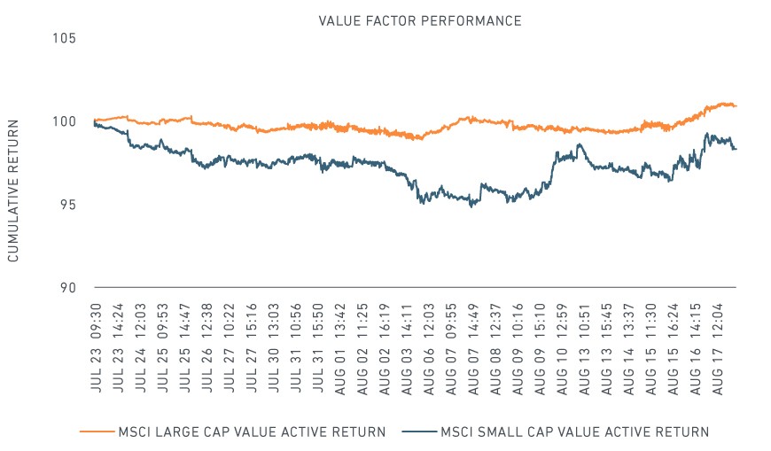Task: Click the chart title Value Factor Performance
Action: click(420, 20)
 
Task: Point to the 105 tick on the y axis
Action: click(65, 38)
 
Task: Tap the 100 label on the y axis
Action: click(65, 121)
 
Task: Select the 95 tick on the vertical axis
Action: click(68, 204)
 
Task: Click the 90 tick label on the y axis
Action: click(68, 288)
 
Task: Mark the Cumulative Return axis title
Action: click(12, 191)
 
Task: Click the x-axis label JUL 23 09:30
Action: click(96, 348)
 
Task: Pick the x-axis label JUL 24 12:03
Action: click(141, 348)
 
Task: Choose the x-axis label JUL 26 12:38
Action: click(207, 348)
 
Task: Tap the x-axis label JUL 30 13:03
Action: click(273, 348)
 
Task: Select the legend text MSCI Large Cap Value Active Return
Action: click(252, 432)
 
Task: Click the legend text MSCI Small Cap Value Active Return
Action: click(575, 432)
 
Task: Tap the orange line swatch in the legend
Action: click(97, 432)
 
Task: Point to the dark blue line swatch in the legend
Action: click(419, 432)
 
